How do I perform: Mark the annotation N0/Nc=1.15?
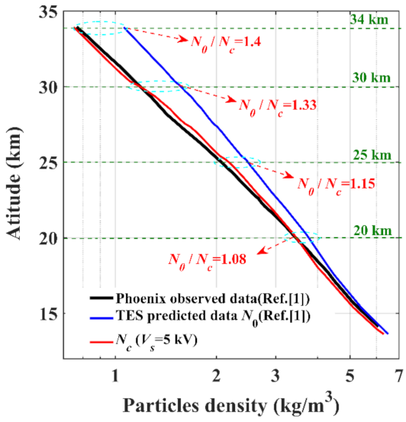pyautogui.click(x=335, y=184)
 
